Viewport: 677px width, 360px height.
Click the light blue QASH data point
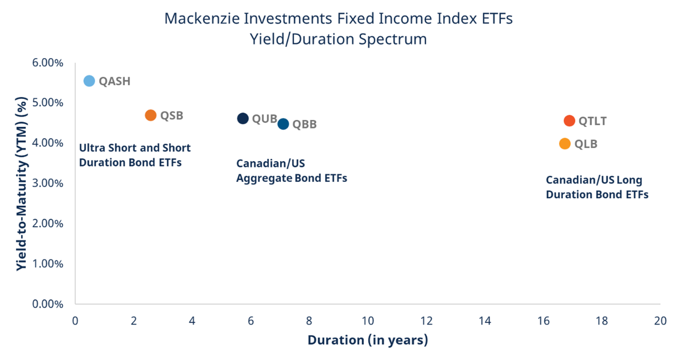tap(89, 81)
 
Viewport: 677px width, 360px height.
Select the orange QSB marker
tap(151, 115)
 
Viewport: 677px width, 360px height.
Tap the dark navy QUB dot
tap(243, 118)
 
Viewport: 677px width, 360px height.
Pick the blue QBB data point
tap(283, 124)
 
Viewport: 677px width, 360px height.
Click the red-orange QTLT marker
tap(569, 121)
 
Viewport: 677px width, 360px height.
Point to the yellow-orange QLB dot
tap(565, 143)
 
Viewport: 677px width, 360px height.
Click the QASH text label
tap(114, 81)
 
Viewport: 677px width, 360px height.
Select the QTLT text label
tap(592, 121)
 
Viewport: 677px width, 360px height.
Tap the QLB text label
tap(585, 144)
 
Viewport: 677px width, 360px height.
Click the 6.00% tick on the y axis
tap(48, 62)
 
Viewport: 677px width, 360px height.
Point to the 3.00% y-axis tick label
tap(48, 183)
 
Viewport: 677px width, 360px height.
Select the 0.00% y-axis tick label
tap(48, 304)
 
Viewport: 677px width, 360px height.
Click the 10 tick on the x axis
tap(368, 320)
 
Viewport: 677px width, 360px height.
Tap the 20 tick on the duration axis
tap(660, 320)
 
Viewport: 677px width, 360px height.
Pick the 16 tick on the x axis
tap(543, 320)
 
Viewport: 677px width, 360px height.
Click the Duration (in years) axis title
tap(368, 340)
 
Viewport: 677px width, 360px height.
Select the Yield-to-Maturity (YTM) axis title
tap(21, 183)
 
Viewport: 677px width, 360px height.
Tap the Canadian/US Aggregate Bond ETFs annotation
tap(291, 171)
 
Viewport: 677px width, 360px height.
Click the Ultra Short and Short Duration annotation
tap(134, 155)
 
